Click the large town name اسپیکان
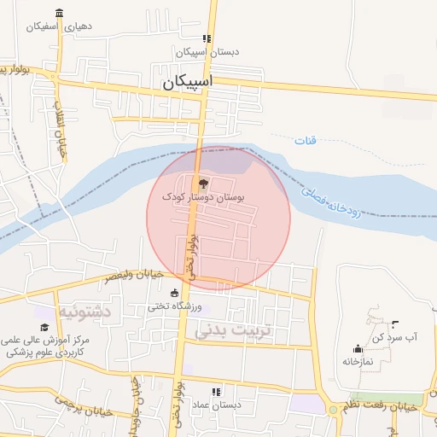point(187,83)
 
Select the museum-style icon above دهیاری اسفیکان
point(58,13)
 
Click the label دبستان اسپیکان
point(207,52)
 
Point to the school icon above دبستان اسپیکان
point(207,38)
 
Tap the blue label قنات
point(305,140)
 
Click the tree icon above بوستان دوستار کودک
point(202,183)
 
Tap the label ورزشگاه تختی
point(175,306)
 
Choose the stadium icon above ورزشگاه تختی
point(175,293)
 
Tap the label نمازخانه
point(358,361)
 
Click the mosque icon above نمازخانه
point(358,348)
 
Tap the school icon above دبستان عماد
point(215,391)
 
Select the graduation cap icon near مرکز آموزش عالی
point(44,327)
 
